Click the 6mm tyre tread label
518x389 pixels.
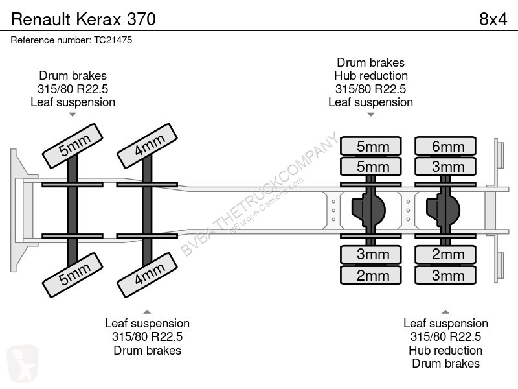tap(445, 146)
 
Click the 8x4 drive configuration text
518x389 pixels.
tap(493, 19)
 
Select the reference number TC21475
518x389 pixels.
tap(113, 40)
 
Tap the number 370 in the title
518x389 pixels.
tap(141, 19)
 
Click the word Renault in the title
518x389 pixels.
tap(41, 19)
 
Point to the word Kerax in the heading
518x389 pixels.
tap(99, 19)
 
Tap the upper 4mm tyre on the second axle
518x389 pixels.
tap(148, 146)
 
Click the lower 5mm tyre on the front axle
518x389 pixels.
tap(73, 275)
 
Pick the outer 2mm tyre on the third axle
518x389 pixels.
tap(370, 275)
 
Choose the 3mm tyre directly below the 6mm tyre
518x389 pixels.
tap(445, 167)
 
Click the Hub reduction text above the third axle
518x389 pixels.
tap(370, 76)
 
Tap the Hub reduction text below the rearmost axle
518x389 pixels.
tap(445, 350)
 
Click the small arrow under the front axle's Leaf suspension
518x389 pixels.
tap(73, 115)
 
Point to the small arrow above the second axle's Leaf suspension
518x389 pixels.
tap(147, 312)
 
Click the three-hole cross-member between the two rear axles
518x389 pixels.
tap(409, 210)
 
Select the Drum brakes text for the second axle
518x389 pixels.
tap(148, 350)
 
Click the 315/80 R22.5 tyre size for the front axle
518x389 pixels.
tap(73, 89)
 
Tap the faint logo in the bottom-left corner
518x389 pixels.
tap(23, 363)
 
